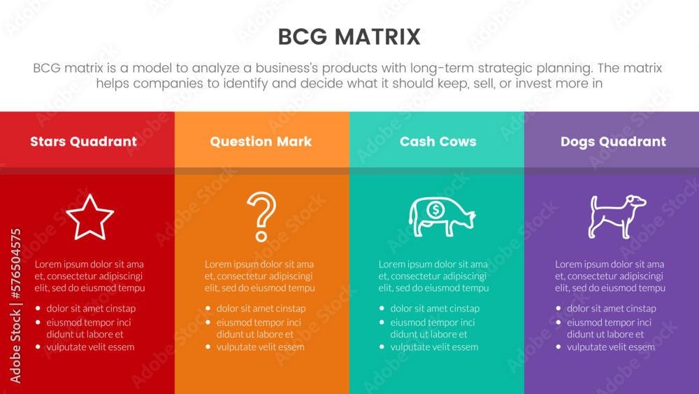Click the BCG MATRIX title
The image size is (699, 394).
(x=349, y=36)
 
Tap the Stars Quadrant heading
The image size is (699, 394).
(x=83, y=141)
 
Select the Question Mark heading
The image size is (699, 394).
(x=261, y=141)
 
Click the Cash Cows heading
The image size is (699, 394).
(x=438, y=141)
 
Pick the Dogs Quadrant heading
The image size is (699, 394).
(x=613, y=141)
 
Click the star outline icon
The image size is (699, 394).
(x=89, y=218)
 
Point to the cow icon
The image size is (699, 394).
(x=441, y=216)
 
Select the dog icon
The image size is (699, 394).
(x=616, y=216)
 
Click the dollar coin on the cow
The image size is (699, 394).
(x=435, y=209)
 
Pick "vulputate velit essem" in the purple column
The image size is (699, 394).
(x=610, y=347)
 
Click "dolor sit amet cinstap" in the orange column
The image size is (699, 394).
(x=261, y=309)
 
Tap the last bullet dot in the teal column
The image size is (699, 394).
(x=381, y=347)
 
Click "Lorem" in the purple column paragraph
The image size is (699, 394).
(x=569, y=265)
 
